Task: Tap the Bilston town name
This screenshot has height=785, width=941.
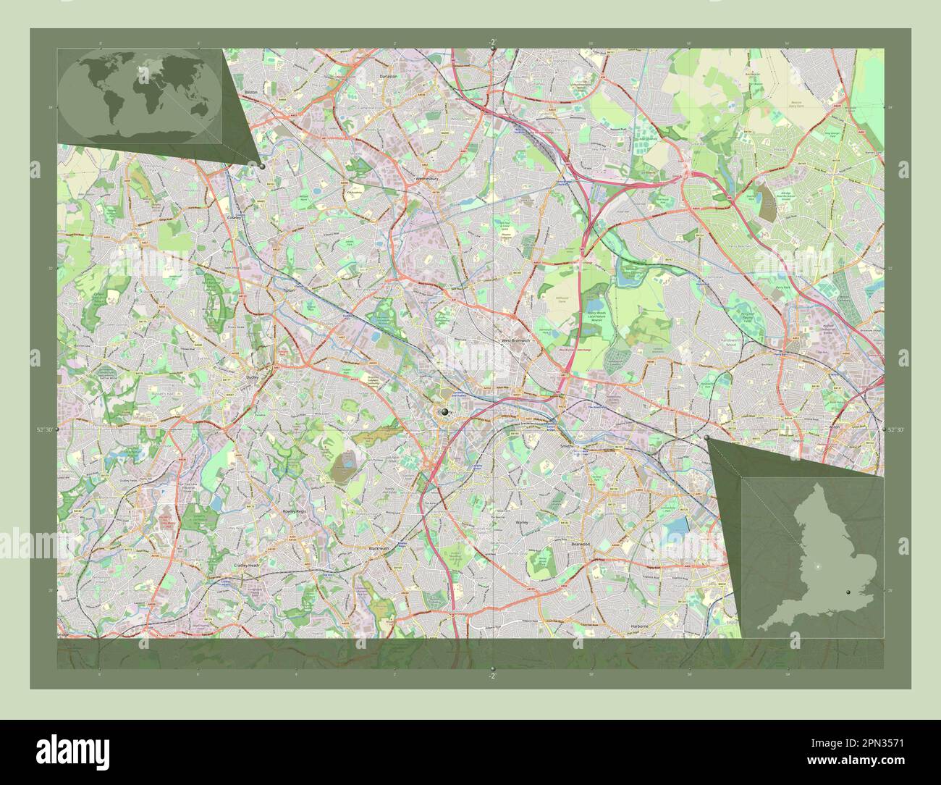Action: point(251,93)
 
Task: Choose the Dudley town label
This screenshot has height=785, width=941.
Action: point(251,377)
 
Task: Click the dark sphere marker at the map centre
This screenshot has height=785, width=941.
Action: point(444,412)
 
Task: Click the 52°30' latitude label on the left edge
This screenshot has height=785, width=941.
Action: point(44,430)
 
